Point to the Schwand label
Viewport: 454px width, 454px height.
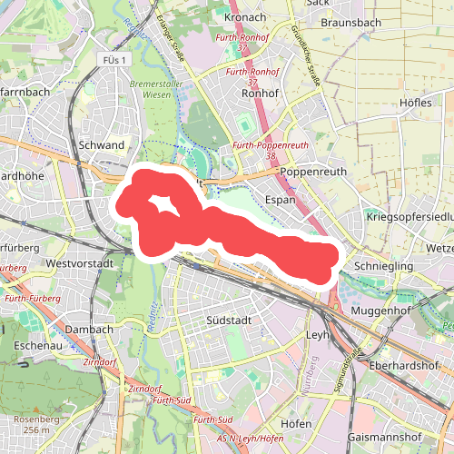click(x=102, y=145)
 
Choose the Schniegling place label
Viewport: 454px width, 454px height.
click(x=384, y=265)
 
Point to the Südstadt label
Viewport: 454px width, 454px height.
click(x=228, y=320)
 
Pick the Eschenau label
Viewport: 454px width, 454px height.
click(x=37, y=346)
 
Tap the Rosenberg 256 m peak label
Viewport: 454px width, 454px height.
click(x=39, y=424)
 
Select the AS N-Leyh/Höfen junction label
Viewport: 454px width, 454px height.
click(x=242, y=439)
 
